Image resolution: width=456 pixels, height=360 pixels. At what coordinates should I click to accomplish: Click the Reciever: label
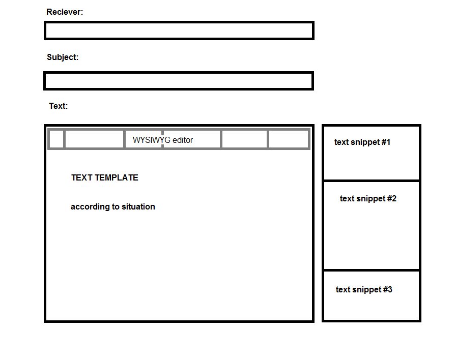point(65,12)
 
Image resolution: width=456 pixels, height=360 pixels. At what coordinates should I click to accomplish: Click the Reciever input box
point(179,31)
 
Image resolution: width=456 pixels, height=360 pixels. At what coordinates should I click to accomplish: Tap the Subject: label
point(63,57)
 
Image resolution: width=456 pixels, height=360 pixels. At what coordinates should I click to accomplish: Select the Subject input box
point(179,81)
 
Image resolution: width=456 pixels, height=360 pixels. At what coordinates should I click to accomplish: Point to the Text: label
point(59,106)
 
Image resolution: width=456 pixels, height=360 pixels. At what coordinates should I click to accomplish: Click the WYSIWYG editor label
point(163,140)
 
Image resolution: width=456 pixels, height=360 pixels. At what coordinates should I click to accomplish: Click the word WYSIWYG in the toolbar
point(151,140)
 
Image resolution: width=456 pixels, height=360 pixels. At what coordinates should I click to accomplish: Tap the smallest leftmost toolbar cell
point(56,139)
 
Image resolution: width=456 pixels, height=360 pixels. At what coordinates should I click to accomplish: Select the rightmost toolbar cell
point(288,139)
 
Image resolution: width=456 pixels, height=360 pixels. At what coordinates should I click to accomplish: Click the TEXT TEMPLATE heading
point(105,178)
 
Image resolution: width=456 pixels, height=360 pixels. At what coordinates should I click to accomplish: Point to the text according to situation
point(113,207)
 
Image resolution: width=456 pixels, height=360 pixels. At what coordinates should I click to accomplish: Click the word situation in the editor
point(137,207)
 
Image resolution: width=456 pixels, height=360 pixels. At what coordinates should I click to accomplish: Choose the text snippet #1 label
point(362,142)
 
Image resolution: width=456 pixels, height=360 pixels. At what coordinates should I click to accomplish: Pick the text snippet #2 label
point(368,199)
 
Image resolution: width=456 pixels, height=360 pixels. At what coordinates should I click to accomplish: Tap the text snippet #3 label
point(364,290)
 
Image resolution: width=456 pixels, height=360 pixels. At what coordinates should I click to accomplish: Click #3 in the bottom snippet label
point(387,290)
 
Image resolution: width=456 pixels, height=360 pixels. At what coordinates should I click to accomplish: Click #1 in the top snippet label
point(385,142)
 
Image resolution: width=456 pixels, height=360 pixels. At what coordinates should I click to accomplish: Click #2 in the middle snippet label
point(391,199)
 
